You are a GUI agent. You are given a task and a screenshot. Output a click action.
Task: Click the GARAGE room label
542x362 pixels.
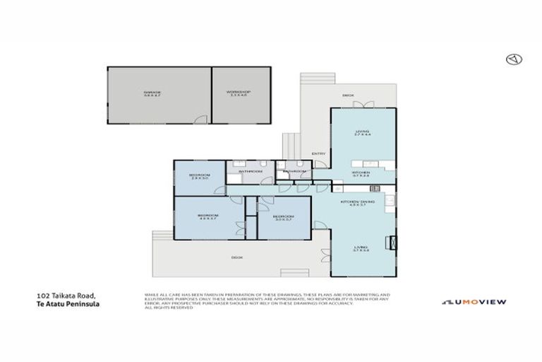pyautogui.click(x=152, y=93)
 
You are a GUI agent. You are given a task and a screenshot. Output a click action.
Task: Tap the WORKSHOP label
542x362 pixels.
pyautogui.click(x=239, y=93)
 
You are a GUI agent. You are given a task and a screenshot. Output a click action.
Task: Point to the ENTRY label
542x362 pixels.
pyautogui.click(x=318, y=154)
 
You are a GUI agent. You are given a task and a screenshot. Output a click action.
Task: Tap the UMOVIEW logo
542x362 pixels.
pyautogui.click(x=474, y=302)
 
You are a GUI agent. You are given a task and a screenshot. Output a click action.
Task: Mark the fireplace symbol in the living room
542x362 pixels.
pyautogui.click(x=389, y=243)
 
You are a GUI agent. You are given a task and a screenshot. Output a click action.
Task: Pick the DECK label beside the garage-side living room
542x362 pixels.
pyautogui.click(x=347, y=94)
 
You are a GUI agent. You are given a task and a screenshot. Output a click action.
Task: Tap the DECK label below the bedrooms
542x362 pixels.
pyautogui.click(x=237, y=257)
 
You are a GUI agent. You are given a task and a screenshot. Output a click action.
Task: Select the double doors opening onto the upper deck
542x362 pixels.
pyautogui.click(x=361, y=105)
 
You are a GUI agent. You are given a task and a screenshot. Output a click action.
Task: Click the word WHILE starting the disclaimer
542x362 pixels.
pyautogui.click(x=150, y=293)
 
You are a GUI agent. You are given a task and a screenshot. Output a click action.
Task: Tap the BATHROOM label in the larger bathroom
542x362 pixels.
pyautogui.click(x=250, y=171)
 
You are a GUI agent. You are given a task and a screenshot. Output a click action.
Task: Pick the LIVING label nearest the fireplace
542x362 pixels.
pyautogui.click(x=361, y=248)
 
